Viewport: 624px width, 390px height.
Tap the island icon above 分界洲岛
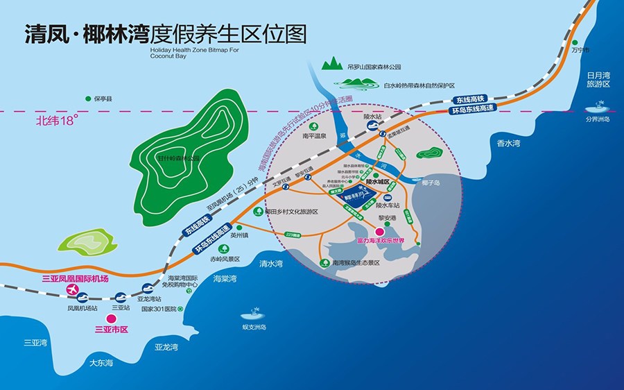click(x=596, y=107)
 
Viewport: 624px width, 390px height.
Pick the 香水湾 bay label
click(x=508, y=143)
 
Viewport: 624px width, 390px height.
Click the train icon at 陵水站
click(x=372, y=127)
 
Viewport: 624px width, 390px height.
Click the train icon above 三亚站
click(x=121, y=296)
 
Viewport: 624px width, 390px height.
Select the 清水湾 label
click(x=271, y=264)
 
